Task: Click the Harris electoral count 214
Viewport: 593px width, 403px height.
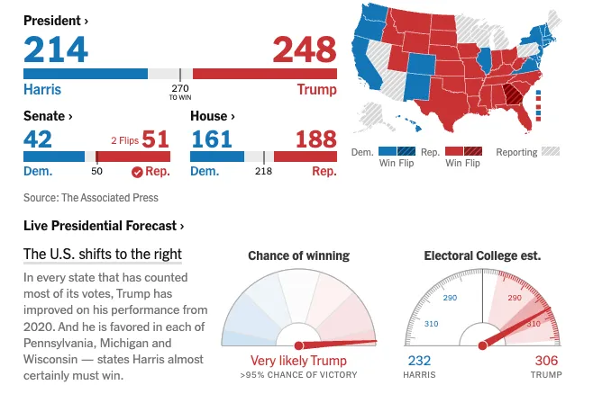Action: coord(56,49)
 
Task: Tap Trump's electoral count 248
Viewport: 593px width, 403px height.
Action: coord(304,49)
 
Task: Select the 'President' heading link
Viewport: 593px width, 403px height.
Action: coord(56,20)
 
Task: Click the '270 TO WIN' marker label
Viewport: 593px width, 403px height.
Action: coord(179,91)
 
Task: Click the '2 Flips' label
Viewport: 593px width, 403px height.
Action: coord(124,140)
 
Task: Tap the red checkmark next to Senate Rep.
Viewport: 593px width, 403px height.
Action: coord(137,171)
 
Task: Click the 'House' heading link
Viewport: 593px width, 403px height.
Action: coord(214,116)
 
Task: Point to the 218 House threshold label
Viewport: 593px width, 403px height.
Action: coord(263,171)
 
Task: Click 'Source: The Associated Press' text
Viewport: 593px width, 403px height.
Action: coord(91,197)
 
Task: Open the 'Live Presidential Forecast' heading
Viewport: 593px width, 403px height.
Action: coord(104,226)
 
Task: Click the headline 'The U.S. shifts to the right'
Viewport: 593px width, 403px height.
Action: coord(103,254)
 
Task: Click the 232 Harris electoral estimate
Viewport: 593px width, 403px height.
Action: coord(419,361)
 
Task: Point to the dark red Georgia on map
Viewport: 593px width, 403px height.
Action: coord(513,93)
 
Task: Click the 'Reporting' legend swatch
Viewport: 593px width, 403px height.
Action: coord(550,152)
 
